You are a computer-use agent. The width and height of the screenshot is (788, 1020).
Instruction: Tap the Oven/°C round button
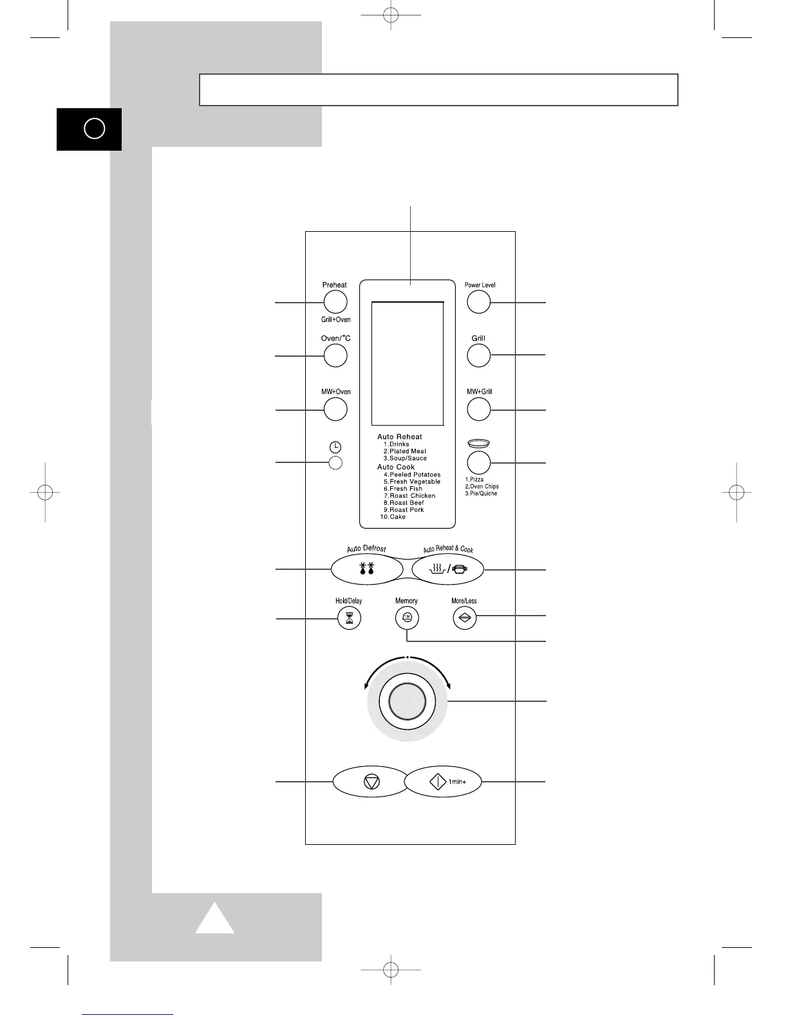[x=335, y=355]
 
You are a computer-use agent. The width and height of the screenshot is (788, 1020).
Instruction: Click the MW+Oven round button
[x=335, y=409]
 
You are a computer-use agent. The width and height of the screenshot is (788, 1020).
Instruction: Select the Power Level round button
[x=478, y=301]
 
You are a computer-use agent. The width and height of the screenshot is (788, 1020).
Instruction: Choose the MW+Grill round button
[x=478, y=409]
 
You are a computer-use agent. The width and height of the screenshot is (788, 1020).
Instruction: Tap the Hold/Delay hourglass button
[x=349, y=619]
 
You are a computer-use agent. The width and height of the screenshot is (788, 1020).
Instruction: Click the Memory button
[x=406, y=619]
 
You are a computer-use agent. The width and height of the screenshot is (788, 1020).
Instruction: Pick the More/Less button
[x=464, y=619]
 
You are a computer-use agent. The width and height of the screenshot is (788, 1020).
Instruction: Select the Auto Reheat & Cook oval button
[x=448, y=569]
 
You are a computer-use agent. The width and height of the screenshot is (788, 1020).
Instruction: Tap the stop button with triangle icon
[x=371, y=782]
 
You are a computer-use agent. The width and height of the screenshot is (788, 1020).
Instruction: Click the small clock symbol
[x=335, y=447]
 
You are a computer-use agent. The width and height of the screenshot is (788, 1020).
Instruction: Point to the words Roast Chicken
[x=412, y=496]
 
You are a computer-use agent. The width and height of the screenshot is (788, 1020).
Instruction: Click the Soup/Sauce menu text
[x=408, y=458]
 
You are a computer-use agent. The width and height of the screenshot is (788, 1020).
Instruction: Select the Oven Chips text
[x=484, y=487]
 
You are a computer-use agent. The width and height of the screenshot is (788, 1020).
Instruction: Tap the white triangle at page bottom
[x=215, y=919]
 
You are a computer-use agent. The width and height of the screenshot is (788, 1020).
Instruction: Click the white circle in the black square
[x=94, y=129]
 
